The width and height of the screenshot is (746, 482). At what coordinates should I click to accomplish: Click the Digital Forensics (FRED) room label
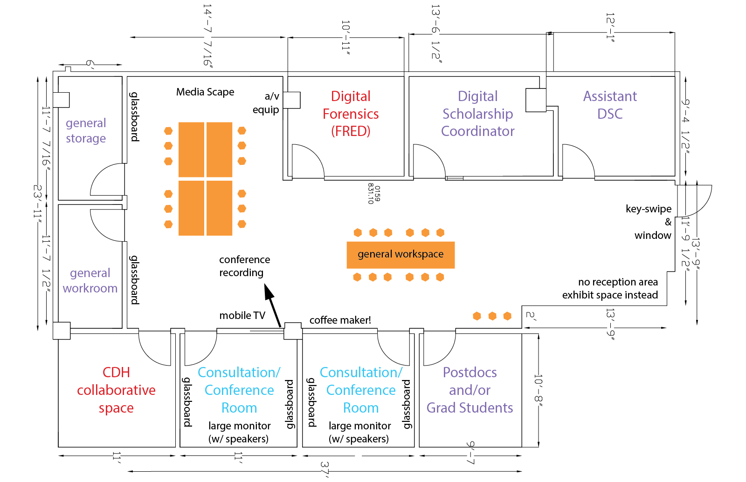point(351,114)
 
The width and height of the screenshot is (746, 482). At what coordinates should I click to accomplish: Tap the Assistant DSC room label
point(610,105)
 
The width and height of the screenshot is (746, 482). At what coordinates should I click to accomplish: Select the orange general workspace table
point(401,254)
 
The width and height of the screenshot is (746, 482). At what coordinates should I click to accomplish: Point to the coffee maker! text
point(340,320)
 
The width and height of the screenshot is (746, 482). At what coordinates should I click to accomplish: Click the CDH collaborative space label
point(116,390)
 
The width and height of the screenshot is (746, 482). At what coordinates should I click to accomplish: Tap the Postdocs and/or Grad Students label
point(470,390)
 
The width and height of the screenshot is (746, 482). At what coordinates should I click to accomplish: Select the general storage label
point(86,130)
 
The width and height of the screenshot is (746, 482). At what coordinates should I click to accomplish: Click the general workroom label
point(90,280)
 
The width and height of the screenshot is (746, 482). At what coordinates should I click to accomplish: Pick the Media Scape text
point(205,92)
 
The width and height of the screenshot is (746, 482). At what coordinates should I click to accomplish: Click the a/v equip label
point(267,103)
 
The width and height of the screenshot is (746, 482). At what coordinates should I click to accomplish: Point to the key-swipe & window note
point(649,222)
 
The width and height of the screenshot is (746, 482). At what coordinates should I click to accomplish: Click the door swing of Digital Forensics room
point(308,161)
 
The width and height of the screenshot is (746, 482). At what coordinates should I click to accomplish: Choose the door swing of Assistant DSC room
point(578,161)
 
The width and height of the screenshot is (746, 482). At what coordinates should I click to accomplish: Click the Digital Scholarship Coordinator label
point(477,114)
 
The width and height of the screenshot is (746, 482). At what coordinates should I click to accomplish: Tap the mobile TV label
point(242,316)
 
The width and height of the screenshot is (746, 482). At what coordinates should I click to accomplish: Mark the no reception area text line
point(618,282)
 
